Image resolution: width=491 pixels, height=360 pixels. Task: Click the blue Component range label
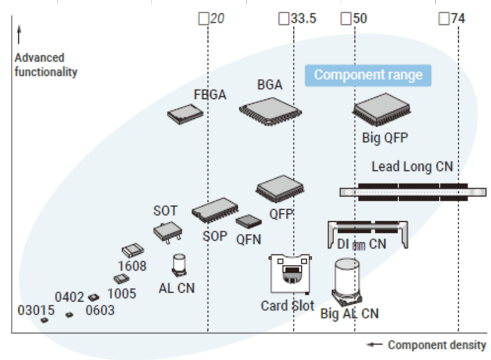tap(368, 76)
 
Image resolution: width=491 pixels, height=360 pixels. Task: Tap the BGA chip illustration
tap(270, 110)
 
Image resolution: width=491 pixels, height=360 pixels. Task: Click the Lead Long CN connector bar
tap(412, 190)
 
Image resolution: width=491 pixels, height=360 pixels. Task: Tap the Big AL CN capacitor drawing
tap(347, 283)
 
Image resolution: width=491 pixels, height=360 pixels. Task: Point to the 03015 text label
tap(36, 310)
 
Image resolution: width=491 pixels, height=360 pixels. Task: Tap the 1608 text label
tap(132, 265)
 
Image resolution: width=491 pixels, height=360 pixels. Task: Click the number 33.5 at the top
tap(303, 19)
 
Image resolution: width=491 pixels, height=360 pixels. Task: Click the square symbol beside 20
tap(203, 19)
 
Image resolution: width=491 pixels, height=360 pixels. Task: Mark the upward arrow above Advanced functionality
tap(19, 35)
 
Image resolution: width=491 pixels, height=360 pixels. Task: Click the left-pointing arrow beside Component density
tap(375, 345)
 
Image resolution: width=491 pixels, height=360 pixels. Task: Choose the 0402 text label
tap(69, 297)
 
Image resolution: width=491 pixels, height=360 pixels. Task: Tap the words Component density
tap(436, 345)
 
